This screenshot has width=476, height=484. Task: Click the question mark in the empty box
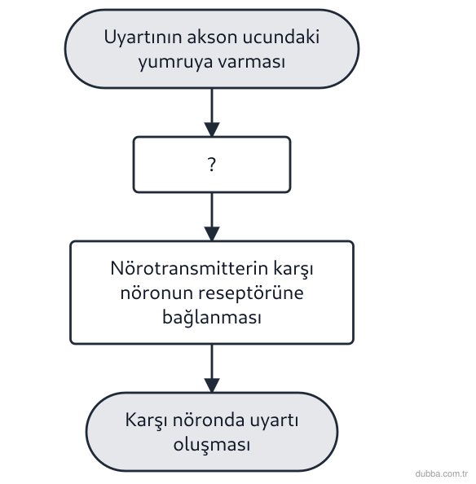click(x=212, y=165)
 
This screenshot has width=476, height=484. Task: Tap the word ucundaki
click(x=281, y=37)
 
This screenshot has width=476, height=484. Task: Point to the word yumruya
click(x=175, y=63)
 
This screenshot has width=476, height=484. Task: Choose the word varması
click(x=252, y=62)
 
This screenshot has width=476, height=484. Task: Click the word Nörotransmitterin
click(x=189, y=268)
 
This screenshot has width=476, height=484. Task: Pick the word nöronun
click(x=156, y=293)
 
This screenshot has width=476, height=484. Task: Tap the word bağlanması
click(x=212, y=317)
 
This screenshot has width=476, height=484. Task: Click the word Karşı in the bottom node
click(x=146, y=420)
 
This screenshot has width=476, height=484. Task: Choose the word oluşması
click(x=212, y=446)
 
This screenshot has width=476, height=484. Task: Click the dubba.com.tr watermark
click(x=442, y=473)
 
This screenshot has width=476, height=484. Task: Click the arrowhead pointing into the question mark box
click(x=212, y=130)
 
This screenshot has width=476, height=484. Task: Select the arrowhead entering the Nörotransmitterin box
click(x=212, y=234)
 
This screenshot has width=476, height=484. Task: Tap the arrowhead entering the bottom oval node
click(x=212, y=385)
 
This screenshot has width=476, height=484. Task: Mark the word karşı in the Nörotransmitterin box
click(x=293, y=269)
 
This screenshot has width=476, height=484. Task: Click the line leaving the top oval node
click(x=212, y=106)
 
